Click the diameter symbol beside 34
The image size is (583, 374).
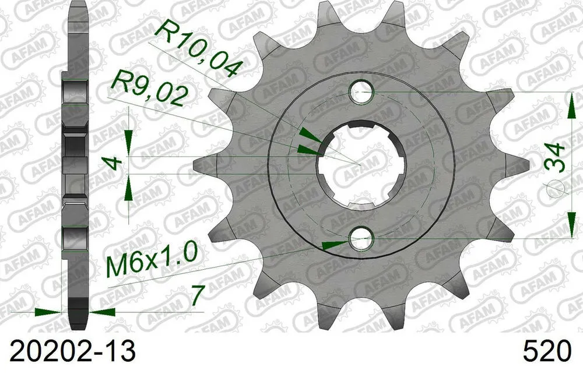(x=556, y=186)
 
